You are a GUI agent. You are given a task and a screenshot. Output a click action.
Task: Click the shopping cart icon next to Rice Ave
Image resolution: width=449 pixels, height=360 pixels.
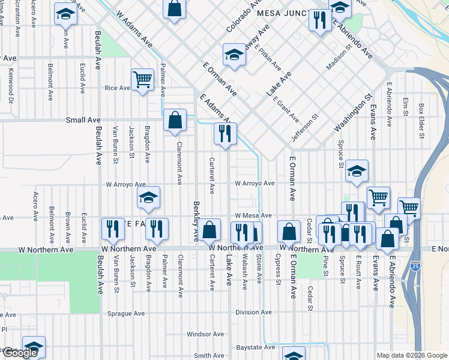(x=142, y=79)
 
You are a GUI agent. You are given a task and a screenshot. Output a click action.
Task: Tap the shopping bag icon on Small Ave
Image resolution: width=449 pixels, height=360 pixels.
(x=174, y=119)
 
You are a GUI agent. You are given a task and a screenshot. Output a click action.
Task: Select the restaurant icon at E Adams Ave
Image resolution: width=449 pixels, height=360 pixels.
(x=225, y=133)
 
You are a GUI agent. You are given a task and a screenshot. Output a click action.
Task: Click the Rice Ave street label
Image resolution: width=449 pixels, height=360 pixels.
(x=117, y=88)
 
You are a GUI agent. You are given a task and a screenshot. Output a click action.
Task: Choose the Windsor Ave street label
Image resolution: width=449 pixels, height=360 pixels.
(x=205, y=334)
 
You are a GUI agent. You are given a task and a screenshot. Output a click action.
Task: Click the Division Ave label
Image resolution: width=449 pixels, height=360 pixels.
(x=254, y=313)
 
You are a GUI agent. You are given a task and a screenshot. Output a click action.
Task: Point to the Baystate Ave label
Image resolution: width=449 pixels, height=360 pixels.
(x=255, y=347)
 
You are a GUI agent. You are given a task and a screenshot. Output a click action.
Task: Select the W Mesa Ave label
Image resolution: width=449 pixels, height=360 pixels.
(x=253, y=215)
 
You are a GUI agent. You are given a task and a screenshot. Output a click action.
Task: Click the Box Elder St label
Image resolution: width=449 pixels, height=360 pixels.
(x=421, y=121)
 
